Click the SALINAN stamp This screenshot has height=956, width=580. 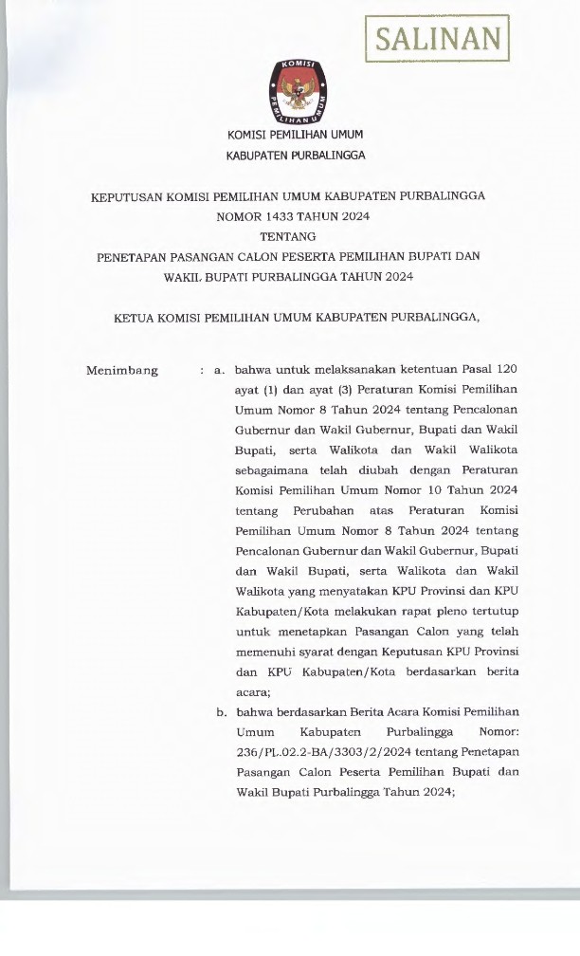[437, 39]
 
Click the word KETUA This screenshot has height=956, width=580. [136, 318]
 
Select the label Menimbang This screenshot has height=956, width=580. [122, 370]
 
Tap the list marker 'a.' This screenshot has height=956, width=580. [219, 370]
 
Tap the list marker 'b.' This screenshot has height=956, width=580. [219, 711]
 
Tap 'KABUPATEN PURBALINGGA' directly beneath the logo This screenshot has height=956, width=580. [295, 155]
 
